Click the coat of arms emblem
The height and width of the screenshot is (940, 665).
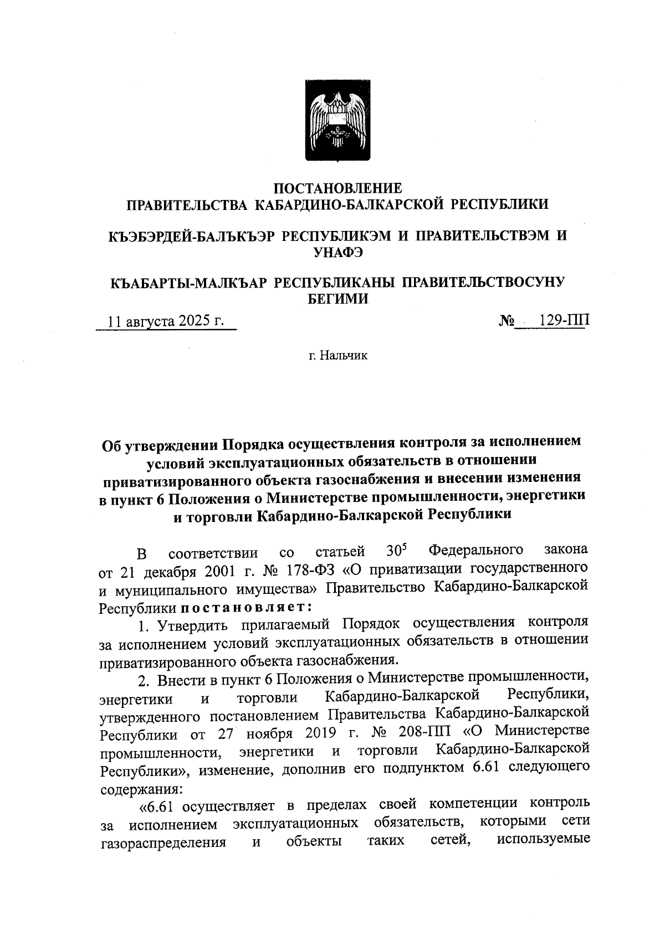(338, 121)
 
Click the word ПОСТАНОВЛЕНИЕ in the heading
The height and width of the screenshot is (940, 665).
(338, 188)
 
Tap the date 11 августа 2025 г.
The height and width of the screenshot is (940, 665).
(166, 321)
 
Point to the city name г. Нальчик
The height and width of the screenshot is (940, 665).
(338, 355)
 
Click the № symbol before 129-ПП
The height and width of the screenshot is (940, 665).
(508, 321)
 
